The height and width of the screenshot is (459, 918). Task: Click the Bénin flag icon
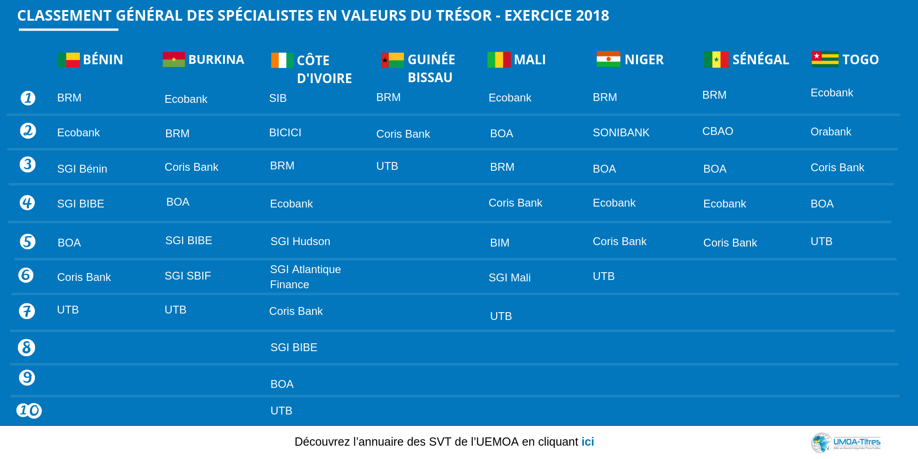point(68,60)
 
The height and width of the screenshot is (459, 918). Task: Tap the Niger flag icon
point(608,59)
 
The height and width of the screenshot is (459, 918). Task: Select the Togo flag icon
point(825,59)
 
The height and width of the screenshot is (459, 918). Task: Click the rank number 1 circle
point(28,98)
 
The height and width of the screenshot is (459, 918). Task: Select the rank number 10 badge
point(29,410)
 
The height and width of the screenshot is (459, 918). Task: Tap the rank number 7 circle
point(27,311)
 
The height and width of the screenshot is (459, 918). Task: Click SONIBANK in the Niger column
point(621,133)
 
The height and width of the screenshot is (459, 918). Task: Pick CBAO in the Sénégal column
point(717,131)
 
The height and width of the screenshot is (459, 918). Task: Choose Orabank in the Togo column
point(831,132)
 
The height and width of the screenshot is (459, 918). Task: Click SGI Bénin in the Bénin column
point(82,169)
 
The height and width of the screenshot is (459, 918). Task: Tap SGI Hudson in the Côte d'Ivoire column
point(300,241)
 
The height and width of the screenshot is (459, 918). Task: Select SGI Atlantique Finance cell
point(305,277)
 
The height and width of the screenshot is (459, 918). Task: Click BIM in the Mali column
point(499,243)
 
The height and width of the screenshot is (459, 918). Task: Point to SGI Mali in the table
point(509,278)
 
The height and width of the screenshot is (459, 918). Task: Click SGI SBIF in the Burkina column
point(188,276)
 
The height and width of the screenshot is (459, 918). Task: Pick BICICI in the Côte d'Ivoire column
point(285,133)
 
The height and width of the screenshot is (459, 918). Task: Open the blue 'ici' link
point(588,442)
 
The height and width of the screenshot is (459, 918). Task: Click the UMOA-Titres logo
point(845,443)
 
